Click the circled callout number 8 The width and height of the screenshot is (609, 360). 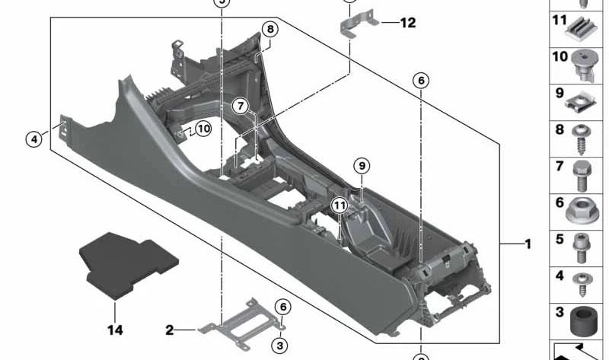point(270,30)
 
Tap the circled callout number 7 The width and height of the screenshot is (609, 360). point(241,106)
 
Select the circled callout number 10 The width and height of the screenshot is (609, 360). point(203,129)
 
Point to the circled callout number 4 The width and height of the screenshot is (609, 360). point(33,139)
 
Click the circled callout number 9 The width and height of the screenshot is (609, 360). point(362,166)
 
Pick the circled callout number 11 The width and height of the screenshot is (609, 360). point(340,205)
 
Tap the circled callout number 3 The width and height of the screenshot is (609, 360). point(280,345)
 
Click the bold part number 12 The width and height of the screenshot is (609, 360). point(408,23)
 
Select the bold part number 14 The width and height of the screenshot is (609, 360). point(115,330)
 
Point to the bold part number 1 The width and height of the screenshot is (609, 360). point(528,244)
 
